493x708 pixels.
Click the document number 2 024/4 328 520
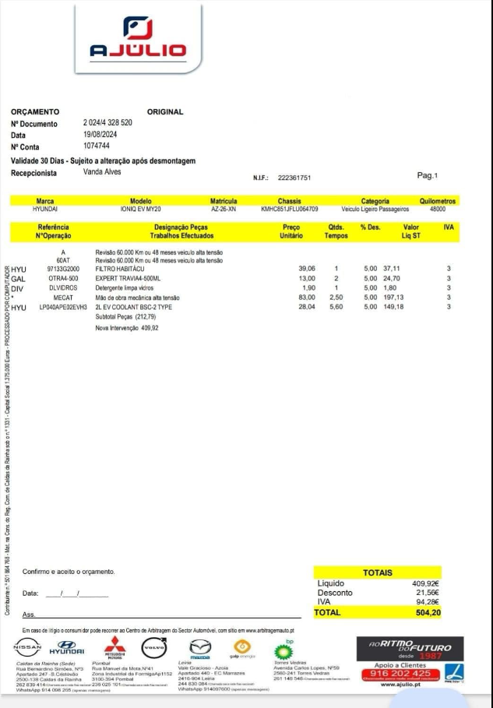tap(107, 123)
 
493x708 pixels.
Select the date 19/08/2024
tap(99, 134)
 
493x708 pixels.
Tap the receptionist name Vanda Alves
tap(102, 171)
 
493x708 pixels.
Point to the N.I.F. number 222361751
tap(294, 178)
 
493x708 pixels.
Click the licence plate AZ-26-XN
tap(224, 210)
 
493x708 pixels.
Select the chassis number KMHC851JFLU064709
tap(289, 210)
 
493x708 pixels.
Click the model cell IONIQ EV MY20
tap(141, 210)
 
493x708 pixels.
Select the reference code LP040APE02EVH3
tap(64, 307)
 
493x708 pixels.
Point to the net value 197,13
tap(395, 298)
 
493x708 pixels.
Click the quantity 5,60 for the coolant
tap(336, 307)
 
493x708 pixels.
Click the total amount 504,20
tap(428, 613)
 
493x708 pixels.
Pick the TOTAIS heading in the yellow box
tap(377, 572)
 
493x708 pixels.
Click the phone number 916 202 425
tap(400, 673)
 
